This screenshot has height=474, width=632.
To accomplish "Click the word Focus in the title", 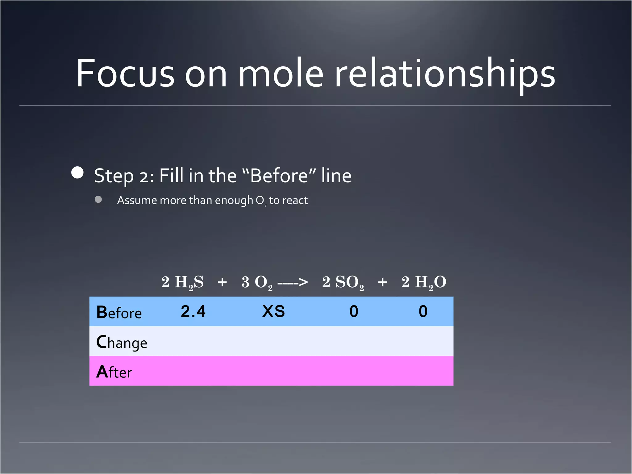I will [125, 73].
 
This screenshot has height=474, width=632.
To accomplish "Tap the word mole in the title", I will [281, 73].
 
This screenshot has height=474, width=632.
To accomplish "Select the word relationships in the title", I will [444, 73].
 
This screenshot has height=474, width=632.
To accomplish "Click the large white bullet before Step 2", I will [77, 173].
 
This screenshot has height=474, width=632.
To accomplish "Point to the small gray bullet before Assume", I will [98, 199].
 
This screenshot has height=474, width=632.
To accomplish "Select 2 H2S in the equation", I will [182, 282].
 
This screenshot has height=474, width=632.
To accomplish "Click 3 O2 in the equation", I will [257, 282].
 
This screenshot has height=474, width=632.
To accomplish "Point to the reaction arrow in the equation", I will [293, 282].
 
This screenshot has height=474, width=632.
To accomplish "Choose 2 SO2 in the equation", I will [343, 282].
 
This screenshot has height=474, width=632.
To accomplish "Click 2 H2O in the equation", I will [423, 282].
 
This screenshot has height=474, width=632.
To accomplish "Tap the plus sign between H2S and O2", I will [222, 282].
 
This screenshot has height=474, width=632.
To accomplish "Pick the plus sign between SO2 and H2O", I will [383, 282].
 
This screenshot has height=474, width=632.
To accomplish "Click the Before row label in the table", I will [119, 312].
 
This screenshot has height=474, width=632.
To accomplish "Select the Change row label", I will [122, 342].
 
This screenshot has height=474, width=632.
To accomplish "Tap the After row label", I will [114, 372].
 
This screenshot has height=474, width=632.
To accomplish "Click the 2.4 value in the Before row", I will [193, 311].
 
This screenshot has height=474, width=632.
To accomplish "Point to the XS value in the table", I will [273, 311].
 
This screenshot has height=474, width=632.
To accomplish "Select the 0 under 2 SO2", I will [354, 311].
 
